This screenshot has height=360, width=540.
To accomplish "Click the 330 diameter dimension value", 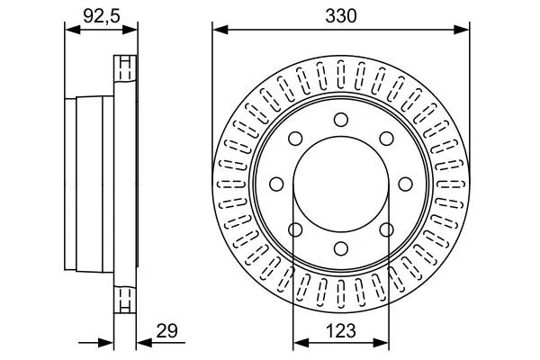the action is pos(341,16).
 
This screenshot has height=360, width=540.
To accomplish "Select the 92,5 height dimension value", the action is pos(102,16).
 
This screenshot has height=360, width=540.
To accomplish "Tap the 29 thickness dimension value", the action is pos(166,331).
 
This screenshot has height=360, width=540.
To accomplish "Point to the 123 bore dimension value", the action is pos(340,331).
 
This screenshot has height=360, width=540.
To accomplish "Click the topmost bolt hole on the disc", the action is pos(341,120).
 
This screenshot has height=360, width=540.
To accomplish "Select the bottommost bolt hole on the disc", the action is pos(341,248).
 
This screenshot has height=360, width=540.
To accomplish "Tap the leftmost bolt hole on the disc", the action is pos(276,184).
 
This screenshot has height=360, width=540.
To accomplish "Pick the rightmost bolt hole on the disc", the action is pos(405,184).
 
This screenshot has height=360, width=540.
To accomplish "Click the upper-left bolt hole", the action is pos(295,139).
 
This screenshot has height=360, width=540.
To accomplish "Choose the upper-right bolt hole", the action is pos(387,139).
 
